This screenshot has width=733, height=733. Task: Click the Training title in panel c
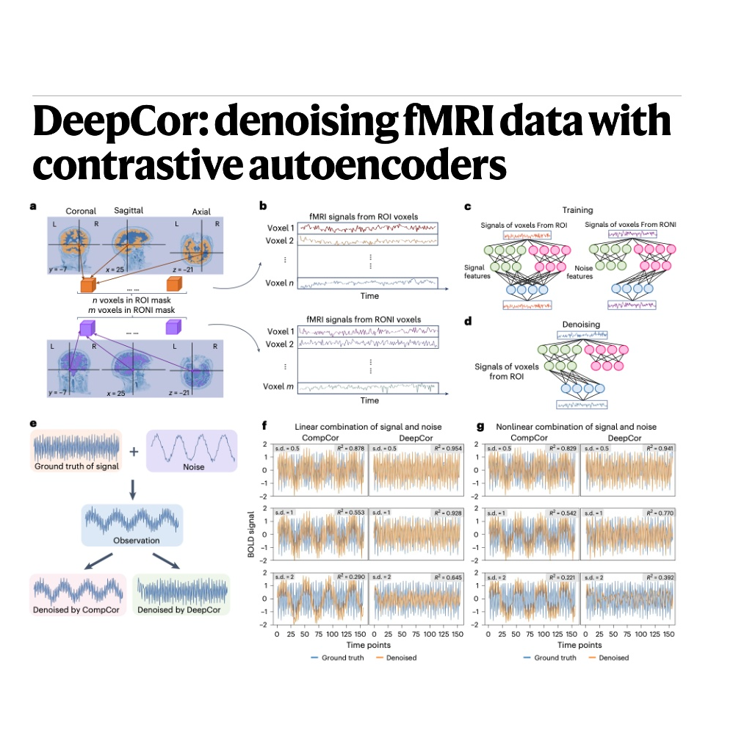[x=578, y=210]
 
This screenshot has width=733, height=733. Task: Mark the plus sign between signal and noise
[x=134, y=450]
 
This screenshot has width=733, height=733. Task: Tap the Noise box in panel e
[x=193, y=450]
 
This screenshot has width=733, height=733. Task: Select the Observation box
[x=132, y=525]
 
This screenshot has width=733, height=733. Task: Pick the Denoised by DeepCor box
[x=181, y=593]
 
